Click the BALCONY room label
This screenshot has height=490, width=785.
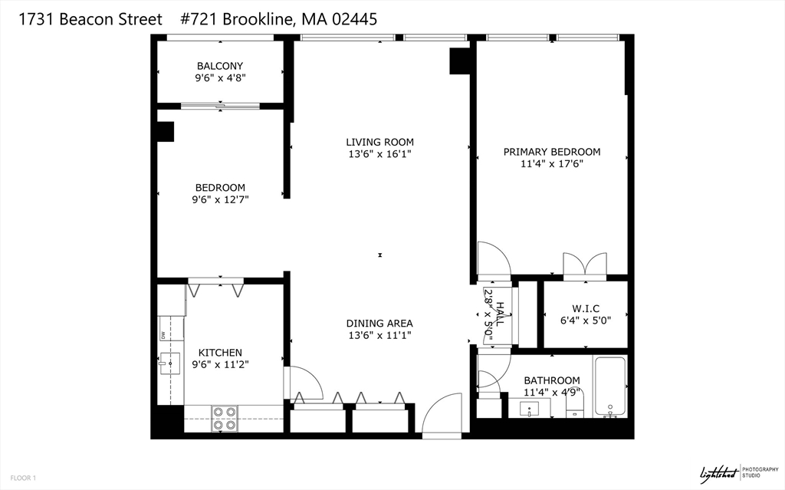(x=220, y=66)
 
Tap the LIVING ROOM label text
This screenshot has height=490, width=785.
(x=379, y=142)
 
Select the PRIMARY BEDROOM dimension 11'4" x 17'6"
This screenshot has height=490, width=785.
(x=551, y=164)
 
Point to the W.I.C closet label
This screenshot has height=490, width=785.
(x=586, y=308)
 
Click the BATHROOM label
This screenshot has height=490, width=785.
(x=551, y=380)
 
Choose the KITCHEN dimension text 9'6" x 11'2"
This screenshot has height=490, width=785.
(x=221, y=365)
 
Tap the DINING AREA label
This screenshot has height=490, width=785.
(x=379, y=323)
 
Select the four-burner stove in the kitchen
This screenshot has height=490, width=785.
(x=224, y=419)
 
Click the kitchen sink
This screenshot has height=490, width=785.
(x=169, y=361)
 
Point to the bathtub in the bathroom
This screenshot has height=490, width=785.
(x=611, y=386)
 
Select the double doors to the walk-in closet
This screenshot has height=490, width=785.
(x=584, y=263)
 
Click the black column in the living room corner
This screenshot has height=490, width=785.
(x=460, y=61)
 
